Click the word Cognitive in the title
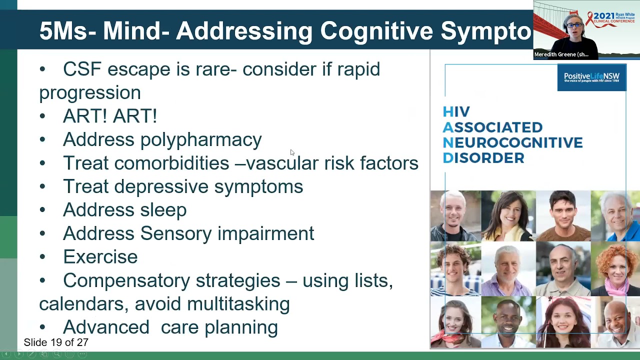click(376, 31)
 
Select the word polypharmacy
click(201, 140)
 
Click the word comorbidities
click(171, 163)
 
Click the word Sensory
click(176, 233)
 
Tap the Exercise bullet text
click(100, 257)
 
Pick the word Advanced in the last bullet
click(106, 327)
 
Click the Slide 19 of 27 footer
click(56, 342)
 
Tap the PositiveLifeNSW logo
click(591, 78)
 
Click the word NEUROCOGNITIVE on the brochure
click(512, 143)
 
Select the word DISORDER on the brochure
click(483, 158)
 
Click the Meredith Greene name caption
click(561, 54)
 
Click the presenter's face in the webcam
click(574, 26)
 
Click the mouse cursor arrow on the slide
click(292, 152)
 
